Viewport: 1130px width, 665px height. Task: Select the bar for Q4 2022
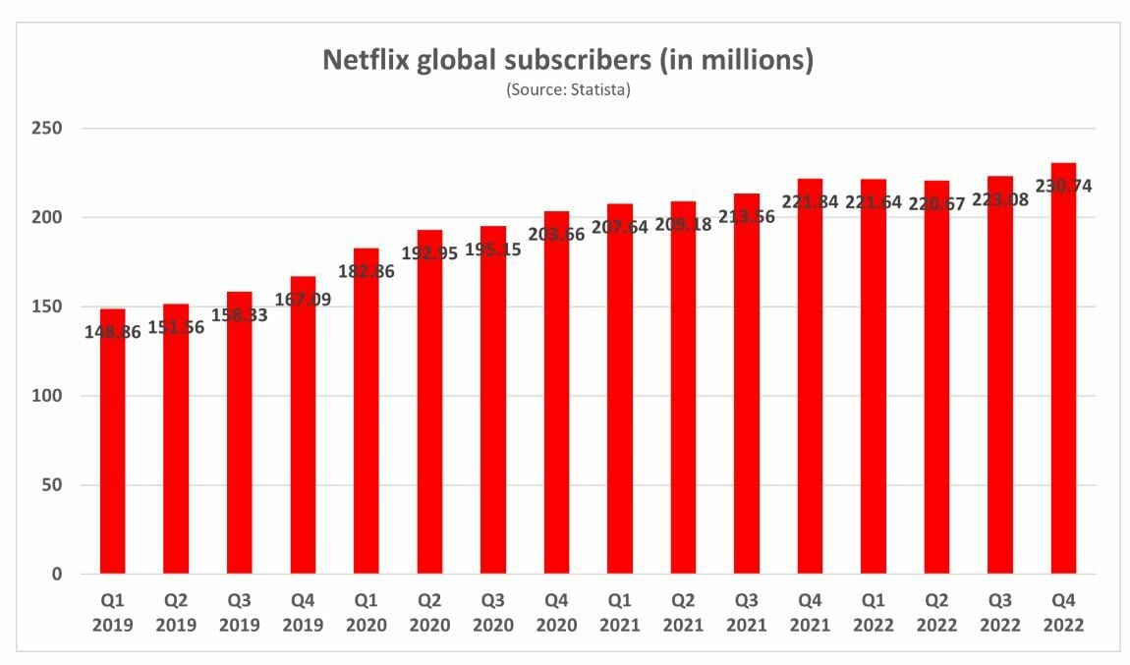(1063, 393)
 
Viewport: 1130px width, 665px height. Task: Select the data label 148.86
(112, 333)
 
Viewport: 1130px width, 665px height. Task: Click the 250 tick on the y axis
(48, 129)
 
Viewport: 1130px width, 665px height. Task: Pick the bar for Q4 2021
(810, 393)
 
